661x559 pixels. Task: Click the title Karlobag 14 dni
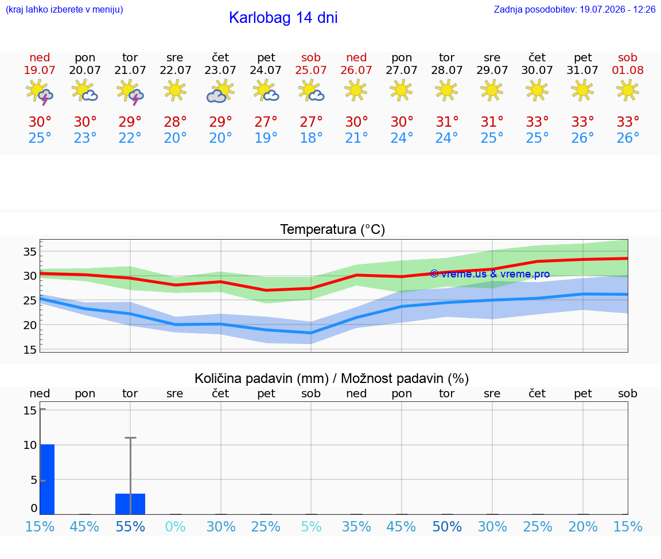point(283,18)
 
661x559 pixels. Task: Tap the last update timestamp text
point(574,9)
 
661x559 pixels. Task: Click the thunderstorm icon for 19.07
point(40,91)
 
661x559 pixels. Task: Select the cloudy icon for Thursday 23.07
point(220,91)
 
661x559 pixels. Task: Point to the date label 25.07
point(311,70)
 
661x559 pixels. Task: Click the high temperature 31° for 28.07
point(447,122)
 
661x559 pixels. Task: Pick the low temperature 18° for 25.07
point(311,138)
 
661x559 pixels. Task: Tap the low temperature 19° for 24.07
point(266,138)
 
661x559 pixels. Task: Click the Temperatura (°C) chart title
point(333,229)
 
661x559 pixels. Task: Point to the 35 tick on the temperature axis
point(30,252)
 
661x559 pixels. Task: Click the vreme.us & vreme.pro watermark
point(490,274)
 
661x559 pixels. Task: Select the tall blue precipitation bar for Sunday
point(48,479)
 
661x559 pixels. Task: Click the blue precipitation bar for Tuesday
point(130,504)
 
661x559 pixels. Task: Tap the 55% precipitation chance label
point(130,526)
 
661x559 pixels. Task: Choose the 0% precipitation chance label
point(176,526)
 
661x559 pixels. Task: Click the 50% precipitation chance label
point(447,526)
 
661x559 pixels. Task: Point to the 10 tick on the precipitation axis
point(30,445)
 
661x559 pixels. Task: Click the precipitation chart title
point(331,378)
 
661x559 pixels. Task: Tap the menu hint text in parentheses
point(64,9)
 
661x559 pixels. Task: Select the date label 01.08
point(628,70)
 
